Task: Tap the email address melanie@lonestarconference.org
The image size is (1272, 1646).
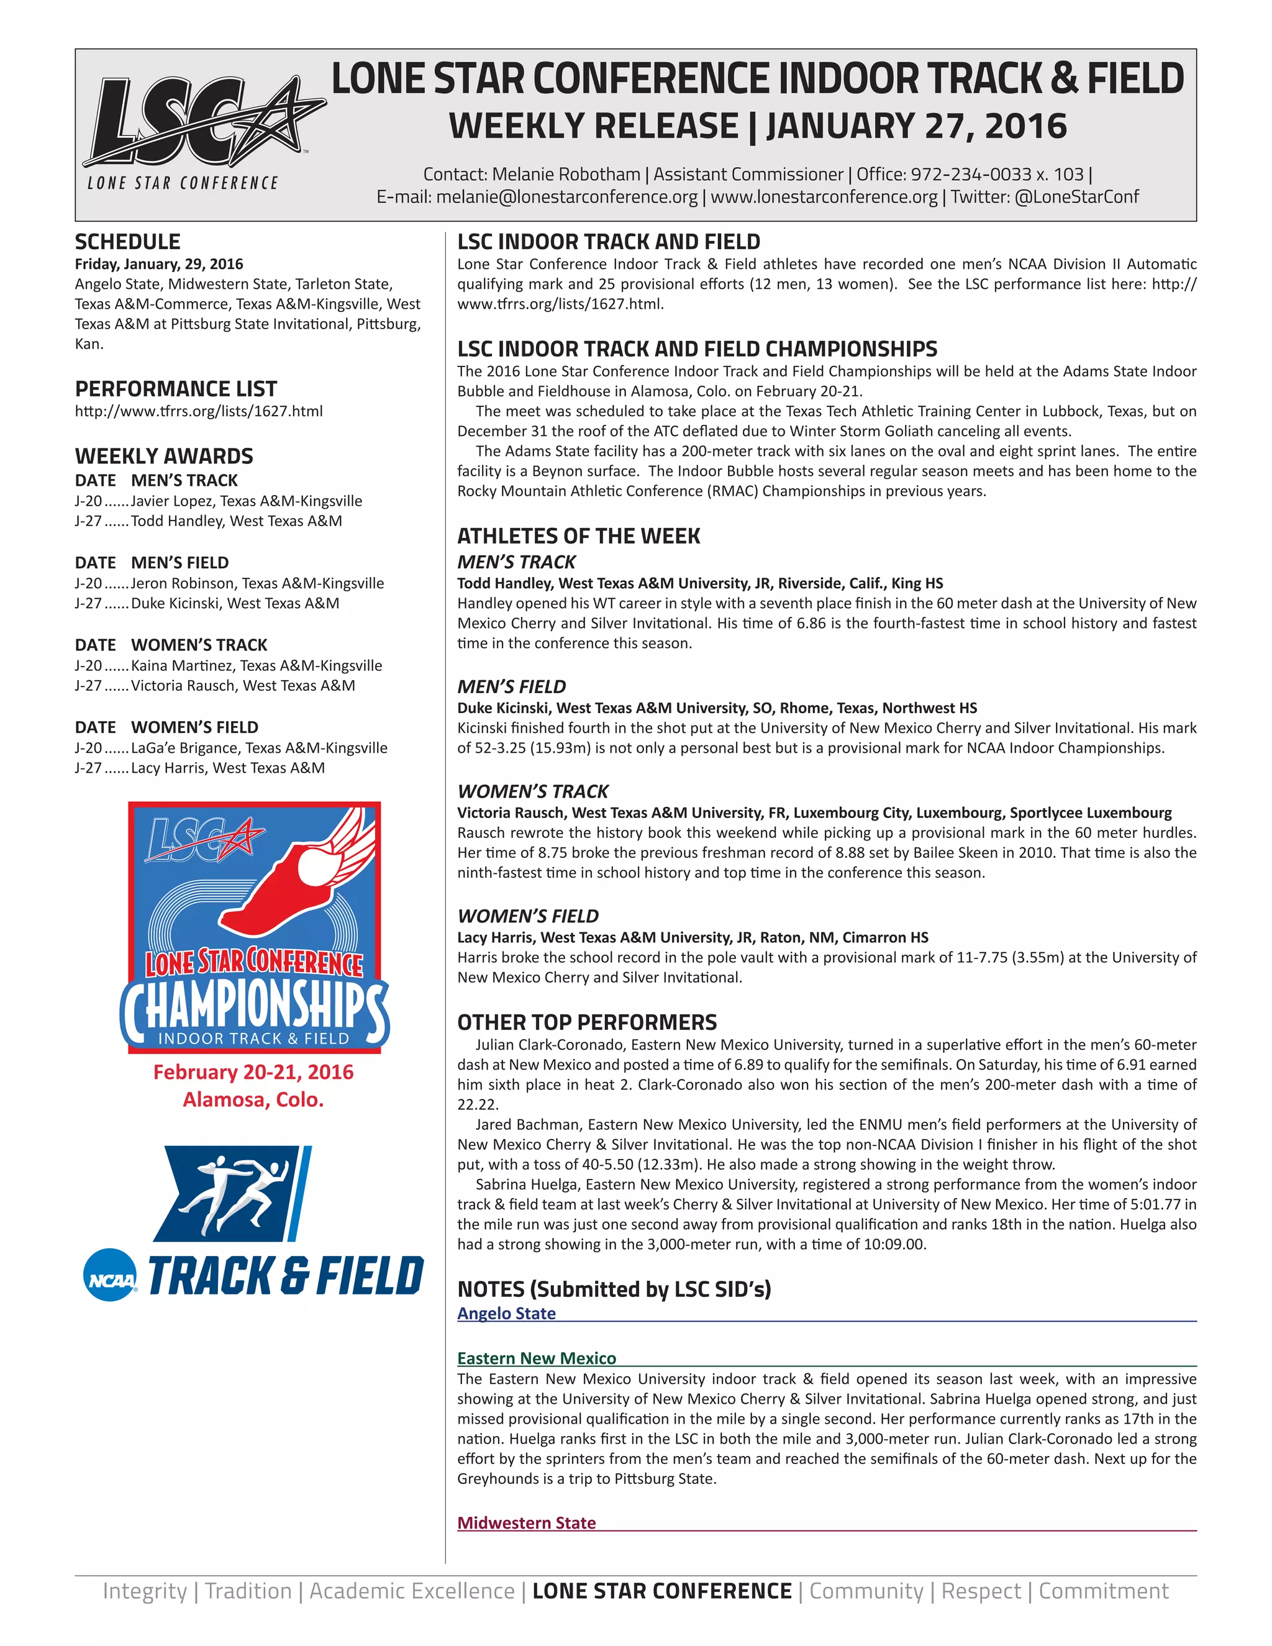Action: pos(566,198)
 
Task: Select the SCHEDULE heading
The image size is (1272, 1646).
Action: pos(127,242)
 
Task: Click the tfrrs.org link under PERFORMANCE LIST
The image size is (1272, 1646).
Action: pos(198,411)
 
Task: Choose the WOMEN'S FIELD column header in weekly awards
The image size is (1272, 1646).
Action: pos(194,727)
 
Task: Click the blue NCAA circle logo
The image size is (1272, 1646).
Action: pos(110,1275)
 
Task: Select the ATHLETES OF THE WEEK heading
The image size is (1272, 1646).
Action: pos(579,537)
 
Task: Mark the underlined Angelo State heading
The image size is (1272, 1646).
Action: pos(506,1314)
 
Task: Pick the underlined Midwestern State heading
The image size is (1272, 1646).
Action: pos(527,1523)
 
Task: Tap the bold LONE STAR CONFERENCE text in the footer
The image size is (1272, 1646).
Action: pos(661,1591)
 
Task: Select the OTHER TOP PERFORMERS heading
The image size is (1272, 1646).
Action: pos(587,1023)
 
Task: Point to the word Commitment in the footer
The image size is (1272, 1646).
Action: pos(1103,1591)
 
